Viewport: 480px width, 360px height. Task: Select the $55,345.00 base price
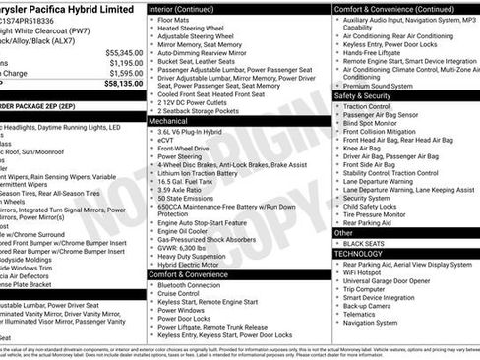117,52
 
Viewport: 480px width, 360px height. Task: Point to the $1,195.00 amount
119,63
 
